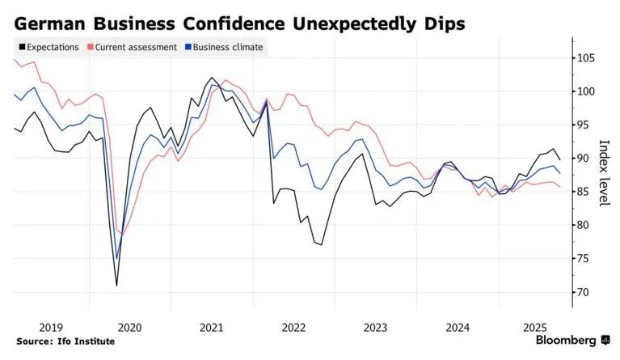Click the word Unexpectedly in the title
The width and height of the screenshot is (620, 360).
[348, 23]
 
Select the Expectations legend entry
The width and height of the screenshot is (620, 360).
[49, 47]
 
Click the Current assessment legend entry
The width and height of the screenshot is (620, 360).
[136, 47]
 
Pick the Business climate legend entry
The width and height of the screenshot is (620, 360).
[227, 47]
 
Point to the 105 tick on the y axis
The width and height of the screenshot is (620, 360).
[586, 58]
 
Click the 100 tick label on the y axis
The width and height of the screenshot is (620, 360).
[586, 91]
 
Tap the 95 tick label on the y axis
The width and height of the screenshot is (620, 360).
[584, 125]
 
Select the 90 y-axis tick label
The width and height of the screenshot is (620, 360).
[584, 159]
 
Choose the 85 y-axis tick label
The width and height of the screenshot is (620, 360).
[584, 192]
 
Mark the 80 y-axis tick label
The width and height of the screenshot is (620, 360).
[584, 225]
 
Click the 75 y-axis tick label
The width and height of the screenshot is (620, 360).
[584, 259]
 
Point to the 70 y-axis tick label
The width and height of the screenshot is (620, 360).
[584, 292]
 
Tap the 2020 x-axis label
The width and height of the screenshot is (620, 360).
[129, 327]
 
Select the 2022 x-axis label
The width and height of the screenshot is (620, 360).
[293, 327]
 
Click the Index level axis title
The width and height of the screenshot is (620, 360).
[604, 173]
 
